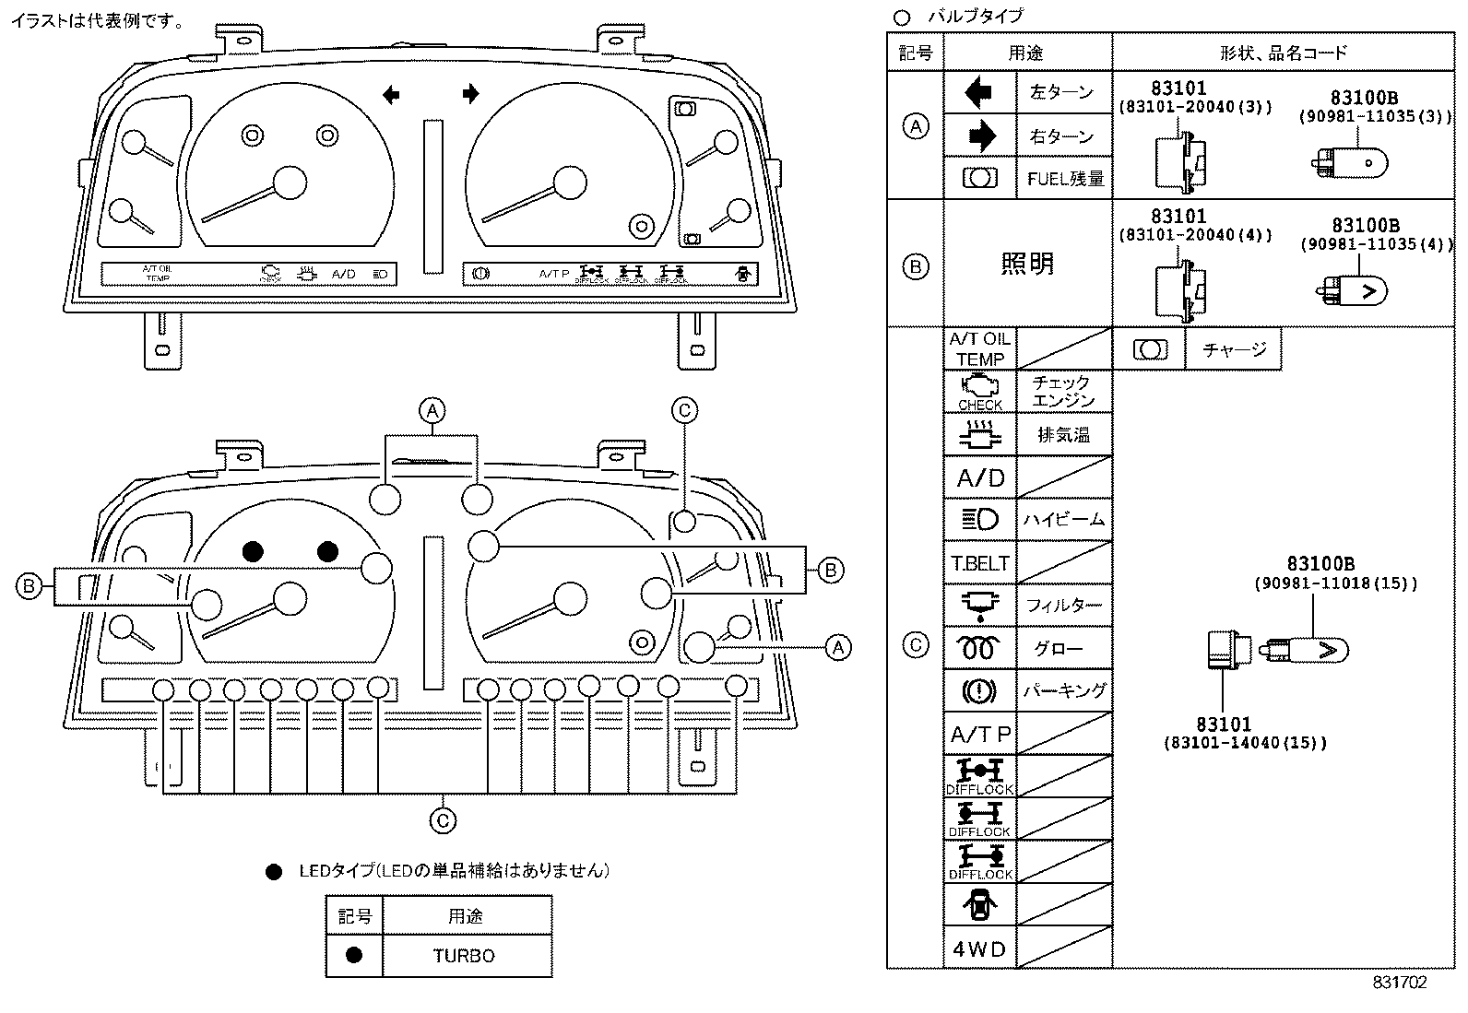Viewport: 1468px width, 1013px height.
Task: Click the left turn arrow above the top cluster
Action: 391,94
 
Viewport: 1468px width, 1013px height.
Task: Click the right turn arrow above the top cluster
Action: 471,93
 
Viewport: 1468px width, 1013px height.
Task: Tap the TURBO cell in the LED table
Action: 464,956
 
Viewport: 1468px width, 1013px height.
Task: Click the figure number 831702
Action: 1399,983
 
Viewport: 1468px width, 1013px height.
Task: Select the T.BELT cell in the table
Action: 979,563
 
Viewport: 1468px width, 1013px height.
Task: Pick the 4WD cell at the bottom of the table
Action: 979,948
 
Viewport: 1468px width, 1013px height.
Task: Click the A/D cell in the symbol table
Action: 979,478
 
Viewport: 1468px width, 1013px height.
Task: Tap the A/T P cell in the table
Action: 979,735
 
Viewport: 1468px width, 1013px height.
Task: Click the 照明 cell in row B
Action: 1027,264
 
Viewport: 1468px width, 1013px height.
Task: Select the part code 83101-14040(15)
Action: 1245,742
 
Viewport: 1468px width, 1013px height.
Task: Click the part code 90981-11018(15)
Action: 1335,583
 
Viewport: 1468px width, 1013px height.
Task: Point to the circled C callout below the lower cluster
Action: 444,820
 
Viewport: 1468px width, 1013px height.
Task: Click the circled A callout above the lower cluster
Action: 432,410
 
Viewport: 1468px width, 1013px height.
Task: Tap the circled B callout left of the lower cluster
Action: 30,585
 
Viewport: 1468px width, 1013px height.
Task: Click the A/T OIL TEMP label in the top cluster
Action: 157,274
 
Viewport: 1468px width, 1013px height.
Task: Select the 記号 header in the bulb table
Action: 915,53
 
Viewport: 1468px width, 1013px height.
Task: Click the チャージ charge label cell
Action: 1234,349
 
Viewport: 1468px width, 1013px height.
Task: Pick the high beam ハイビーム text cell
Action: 1063,520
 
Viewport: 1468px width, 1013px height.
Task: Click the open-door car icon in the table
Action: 979,905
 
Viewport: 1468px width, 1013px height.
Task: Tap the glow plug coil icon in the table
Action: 979,649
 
